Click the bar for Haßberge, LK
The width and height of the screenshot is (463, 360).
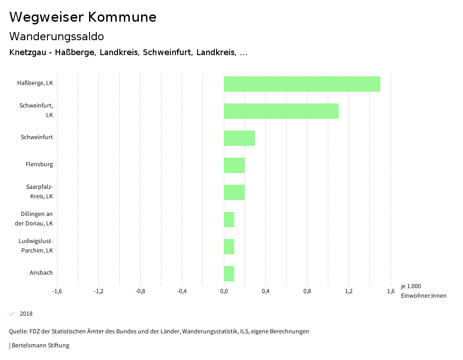(302, 84)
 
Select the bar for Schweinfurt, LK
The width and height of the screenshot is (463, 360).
(281, 111)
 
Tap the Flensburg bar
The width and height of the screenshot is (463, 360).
(234, 165)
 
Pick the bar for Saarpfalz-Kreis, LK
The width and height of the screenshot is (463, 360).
(234, 192)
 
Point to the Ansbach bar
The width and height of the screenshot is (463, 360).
(229, 274)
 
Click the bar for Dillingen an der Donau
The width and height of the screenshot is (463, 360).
(229, 220)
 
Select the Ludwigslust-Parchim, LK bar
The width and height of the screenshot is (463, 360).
(229, 247)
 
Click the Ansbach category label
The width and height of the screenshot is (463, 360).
(41, 273)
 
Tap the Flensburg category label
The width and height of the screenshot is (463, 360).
(39, 164)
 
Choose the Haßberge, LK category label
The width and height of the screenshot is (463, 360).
(35, 83)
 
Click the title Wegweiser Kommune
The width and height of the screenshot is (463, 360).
(83, 17)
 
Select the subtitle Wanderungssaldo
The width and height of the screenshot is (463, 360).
(57, 36)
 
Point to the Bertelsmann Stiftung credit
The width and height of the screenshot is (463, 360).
(40, 346)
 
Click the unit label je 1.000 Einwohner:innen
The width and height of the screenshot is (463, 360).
(423, 291)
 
